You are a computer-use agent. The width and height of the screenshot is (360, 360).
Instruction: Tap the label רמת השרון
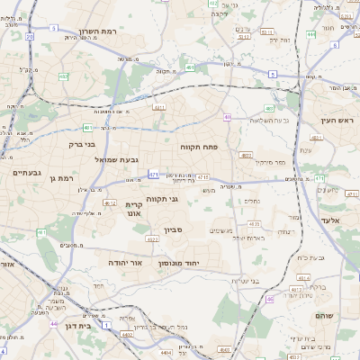(98, 30)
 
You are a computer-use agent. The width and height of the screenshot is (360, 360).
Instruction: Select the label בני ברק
(82, 144)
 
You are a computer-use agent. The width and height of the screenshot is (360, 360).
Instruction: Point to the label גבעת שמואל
(117, 159)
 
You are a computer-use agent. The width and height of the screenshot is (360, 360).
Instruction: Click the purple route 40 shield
(229, 117)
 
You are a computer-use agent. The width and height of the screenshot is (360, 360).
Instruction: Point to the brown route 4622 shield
(152, 239)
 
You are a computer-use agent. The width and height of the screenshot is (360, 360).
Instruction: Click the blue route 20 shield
(30, 37)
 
